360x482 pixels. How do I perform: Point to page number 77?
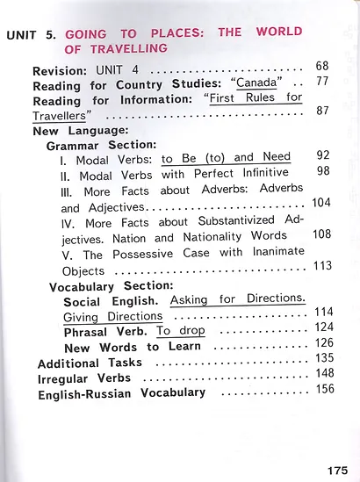point(322,82)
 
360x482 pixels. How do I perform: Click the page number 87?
point(322,111)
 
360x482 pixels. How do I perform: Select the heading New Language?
point(83,130)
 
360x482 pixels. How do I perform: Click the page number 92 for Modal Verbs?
point(322,155)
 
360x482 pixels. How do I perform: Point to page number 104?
point(320,203)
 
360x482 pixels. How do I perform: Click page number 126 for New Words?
point(324,343)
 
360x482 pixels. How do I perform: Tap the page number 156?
point(324,389)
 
